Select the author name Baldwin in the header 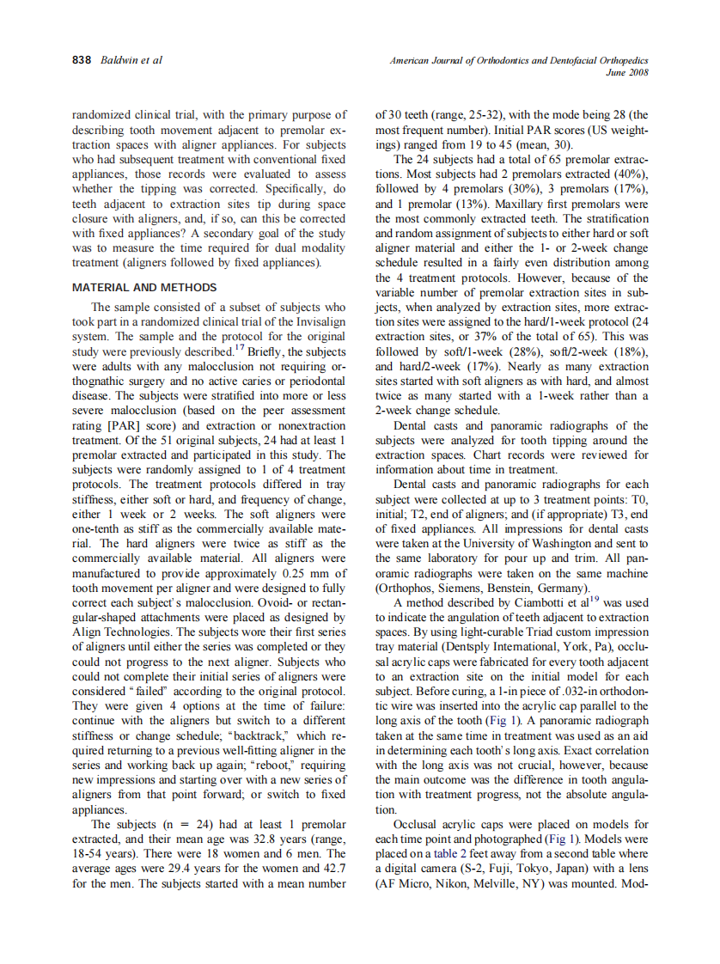point(119,60)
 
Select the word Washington point(585,544)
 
